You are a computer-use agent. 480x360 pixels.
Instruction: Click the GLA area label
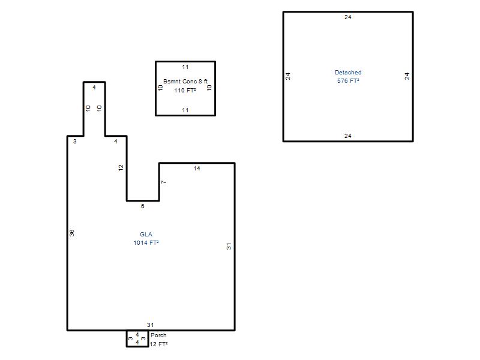coord(146,234)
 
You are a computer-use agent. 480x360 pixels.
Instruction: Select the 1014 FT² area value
coord(146,243)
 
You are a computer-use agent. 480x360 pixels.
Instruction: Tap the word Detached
coord(348,72)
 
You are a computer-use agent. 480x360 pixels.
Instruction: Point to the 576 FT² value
coord(348,81)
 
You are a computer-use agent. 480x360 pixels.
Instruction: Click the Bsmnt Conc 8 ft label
coord(185,82)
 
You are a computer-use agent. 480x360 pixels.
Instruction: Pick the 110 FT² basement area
coord(185,91)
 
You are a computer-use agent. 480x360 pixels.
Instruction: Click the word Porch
coord(158,335)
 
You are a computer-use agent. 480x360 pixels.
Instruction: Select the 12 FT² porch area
coord(158,344)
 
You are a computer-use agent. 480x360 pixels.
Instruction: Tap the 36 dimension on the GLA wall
coord(72,233)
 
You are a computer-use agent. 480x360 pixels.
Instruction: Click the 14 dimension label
coord(197,169)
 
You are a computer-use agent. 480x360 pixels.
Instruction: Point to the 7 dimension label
coord(164,182)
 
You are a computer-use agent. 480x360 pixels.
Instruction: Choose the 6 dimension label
coord(142,206)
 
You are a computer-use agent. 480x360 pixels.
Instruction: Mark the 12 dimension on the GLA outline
coord(121,168)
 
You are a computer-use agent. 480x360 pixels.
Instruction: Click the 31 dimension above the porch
coord(150,325)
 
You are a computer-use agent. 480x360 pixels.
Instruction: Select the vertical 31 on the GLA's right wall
coord(229,246)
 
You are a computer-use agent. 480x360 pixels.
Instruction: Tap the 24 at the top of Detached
coord(348,17)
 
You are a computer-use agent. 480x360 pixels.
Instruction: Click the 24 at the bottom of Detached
coord(348,136)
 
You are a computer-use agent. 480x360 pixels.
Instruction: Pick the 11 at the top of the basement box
coord(185,67)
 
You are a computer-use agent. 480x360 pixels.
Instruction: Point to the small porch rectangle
coord(127,338)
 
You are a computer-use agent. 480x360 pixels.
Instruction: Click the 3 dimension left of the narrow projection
coord(74,142)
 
